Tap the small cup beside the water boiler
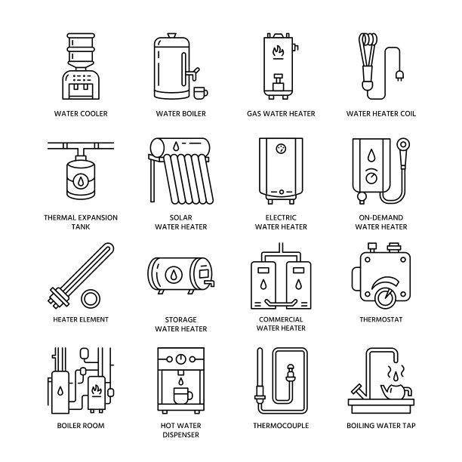(200, 93)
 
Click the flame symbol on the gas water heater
(278, 51)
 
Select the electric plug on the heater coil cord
(399, 75)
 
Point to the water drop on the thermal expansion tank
(81, 180)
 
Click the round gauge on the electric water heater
(281, 148)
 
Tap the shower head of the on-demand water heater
(403, 145)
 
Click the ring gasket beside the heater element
(91, 298)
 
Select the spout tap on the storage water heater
(210, 283)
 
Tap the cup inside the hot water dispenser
(183, 396)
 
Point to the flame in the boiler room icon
(97, 391)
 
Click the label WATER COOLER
(81, 113)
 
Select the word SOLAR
(180, 217)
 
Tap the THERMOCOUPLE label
(281, 425)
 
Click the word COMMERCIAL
(281, 319)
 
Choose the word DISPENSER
(180, 434)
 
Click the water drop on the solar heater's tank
(176, 146)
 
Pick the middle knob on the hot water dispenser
(180, 359)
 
